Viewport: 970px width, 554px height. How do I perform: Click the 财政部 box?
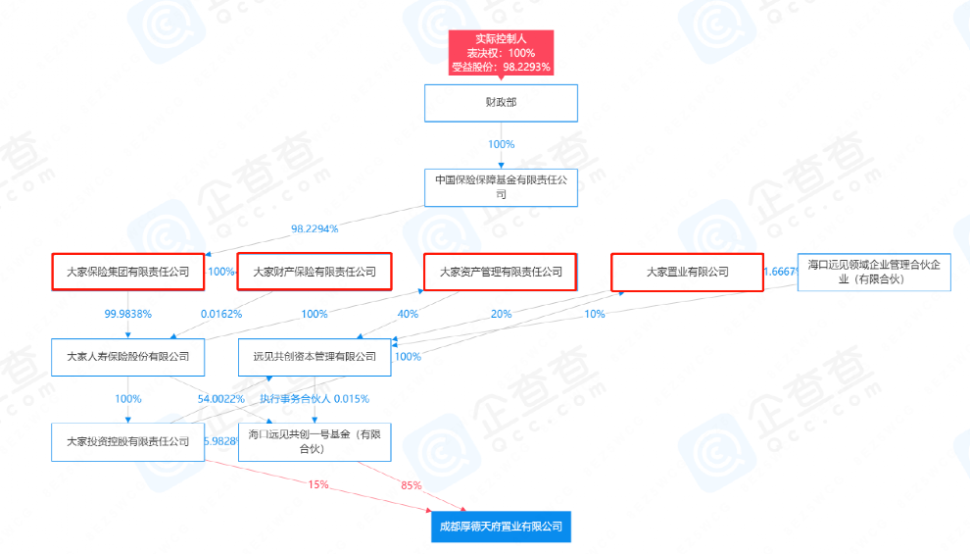tap(501, 103)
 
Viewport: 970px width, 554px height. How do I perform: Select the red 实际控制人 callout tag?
tap(501, 53)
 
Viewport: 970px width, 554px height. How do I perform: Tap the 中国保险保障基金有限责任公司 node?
tap(501, 187)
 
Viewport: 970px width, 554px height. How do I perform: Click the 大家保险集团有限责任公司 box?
tap(128, 272)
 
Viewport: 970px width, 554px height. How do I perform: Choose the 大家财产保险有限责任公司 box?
tap(315, 272)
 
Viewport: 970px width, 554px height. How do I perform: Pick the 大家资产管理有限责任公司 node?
tap(501, 272)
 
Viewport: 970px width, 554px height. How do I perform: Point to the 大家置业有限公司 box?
tap(687, 272)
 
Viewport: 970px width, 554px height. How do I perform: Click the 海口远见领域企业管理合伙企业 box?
tap(874, 272)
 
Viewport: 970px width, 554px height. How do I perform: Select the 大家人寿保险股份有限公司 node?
tap(128, 357)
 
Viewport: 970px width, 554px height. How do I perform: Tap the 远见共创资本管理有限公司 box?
tap(315, 357)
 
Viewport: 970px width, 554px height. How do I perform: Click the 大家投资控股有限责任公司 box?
tap(128, 441)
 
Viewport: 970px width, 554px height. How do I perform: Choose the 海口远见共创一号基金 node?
tap(315, 441)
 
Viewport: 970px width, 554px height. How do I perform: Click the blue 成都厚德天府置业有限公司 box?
tap(501, 527)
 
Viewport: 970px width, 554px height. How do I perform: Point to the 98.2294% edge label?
tap(315, 229)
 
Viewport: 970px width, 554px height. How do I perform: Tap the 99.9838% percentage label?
tap(128, 314)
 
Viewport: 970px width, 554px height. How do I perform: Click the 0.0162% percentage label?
tap(221, 314)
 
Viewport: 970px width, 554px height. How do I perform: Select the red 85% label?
tap(412, 485)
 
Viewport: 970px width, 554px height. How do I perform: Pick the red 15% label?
tap(318, 484)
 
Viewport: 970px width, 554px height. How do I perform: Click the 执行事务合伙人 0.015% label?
tap(315, 399)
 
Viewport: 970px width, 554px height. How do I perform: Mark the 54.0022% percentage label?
tap(220, 399)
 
